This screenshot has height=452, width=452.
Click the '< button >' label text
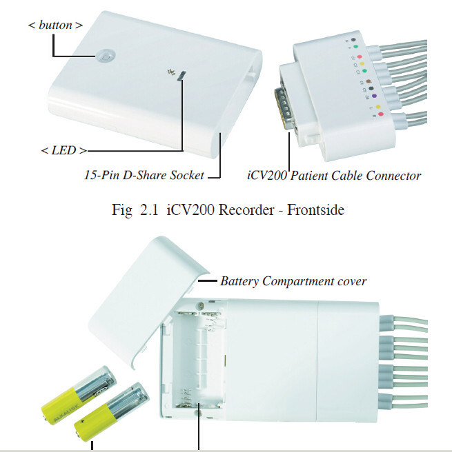[56, 25]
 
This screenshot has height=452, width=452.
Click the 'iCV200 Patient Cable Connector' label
[334, 175]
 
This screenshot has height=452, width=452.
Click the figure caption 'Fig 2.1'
[132, 209]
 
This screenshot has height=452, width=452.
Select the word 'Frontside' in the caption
[316, 209]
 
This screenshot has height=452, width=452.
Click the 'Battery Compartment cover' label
[293, 281]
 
